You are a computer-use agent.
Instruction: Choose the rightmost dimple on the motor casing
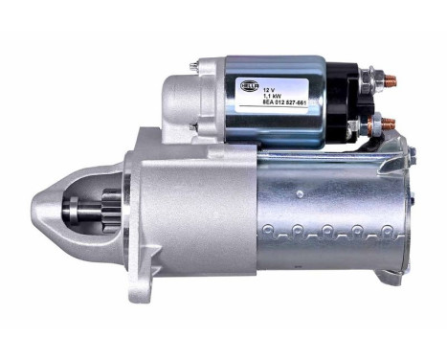point(383,230)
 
